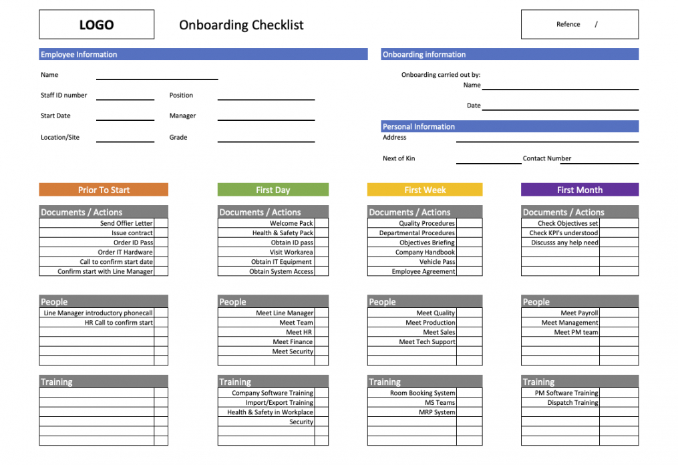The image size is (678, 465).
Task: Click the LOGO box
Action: click(96, 25)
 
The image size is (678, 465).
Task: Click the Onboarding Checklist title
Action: click(241, 25)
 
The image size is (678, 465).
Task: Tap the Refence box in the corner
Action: click(579, 25)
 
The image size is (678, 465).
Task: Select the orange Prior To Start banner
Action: click(104, 190)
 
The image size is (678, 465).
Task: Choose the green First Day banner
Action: click(273, 190)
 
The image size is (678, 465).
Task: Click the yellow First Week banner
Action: click(425, 190)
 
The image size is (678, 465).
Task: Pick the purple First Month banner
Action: click(579, 190)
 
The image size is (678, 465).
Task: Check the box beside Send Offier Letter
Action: click(161, 223)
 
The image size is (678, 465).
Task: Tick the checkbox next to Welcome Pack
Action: click(321, 223)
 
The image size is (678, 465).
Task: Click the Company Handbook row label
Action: click(425, 253)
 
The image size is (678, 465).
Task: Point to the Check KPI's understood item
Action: click(564, 233)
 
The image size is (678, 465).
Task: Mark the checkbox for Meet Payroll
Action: click(618, 313)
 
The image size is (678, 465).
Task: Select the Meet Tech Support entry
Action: click(427, 342)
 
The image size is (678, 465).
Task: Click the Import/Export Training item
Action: click(279, 403)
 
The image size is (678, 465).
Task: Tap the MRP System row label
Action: click(437, 412)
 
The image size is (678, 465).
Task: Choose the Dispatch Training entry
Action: click(572, 403)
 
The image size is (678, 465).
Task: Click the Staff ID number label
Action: click(64, 96)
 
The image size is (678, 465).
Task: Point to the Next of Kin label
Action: click(399, 158)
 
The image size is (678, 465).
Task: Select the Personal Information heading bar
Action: click(510, 126)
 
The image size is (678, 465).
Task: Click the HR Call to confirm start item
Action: click(118, 323)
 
